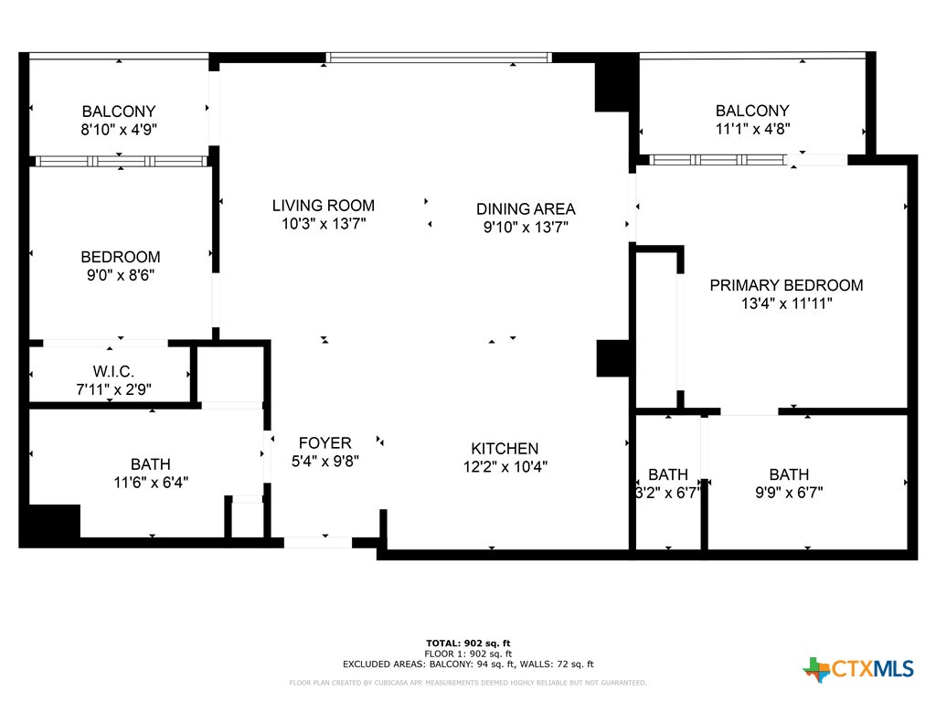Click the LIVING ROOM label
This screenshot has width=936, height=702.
[x=324, y=206]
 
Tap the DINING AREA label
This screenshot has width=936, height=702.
[x=526, y=209]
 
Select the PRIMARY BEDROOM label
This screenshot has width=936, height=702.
[x=786, y=285]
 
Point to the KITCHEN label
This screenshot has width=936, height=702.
[x=505, y=449]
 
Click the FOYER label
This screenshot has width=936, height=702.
[x=324, y=443]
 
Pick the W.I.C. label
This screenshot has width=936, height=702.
[x=113, y=371]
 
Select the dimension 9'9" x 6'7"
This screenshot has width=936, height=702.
[x=789, y=493]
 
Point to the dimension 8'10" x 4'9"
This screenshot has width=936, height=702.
[x=119, y=130]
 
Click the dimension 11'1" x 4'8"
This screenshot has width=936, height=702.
[x=752, y=129]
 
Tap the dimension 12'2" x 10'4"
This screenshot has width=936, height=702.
[x=505, y=467]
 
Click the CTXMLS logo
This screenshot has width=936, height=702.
[x=858, y=669]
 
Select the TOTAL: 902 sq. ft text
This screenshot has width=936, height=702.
[x=468, y=643]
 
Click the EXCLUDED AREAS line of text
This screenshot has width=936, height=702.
[x=468, y=665]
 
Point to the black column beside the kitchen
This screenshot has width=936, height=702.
[x=613, y=358]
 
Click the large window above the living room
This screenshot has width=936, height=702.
[x=439, y=58]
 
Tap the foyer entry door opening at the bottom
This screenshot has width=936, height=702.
[x=317, y=542]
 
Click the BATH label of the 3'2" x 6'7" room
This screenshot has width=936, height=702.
[x=668, y=474]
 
